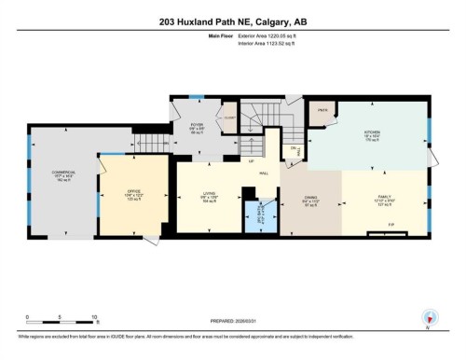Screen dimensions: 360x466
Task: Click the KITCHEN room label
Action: (372, 133)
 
